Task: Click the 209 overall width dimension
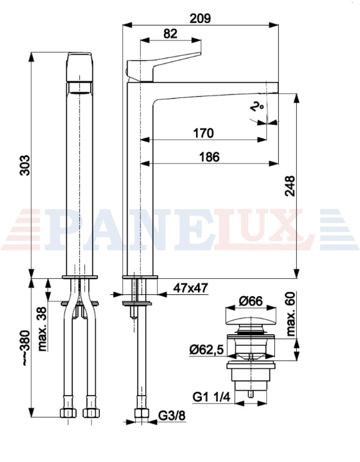click(x=200, y=19)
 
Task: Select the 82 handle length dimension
click(x=171, y=34)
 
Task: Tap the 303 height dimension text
click(x=25, y=165)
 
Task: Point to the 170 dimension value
click(x=204, y=133)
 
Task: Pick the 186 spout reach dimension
click(x=209, y=156)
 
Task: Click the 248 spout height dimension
click(x=290, y=186)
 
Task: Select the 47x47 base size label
click(x=191, y=288)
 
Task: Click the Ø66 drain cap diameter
click(x=250, y=301)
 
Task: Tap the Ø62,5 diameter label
click(x=207, y=350)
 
